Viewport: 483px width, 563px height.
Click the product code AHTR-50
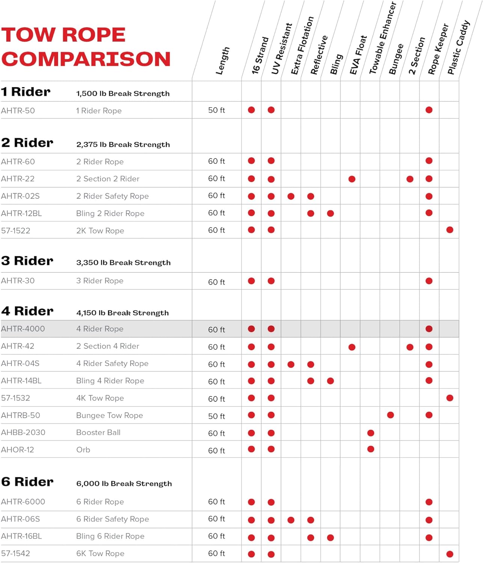tap(18, 111)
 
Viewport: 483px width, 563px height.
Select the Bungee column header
tap(396, 59)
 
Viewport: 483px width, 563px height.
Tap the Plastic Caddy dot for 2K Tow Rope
tap(450, 230)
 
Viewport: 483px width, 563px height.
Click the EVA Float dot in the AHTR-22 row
tap(352, 179)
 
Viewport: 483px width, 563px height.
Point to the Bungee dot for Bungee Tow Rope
tap(390, 415)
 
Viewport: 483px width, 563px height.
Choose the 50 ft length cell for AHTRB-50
tap(216, 416)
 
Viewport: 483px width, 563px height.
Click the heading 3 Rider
tap(27, 261)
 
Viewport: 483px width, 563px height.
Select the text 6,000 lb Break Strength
tap(124, 483)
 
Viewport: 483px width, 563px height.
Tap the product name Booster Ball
tap(98, 432)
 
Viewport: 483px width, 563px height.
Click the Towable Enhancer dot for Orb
tap(371, 449)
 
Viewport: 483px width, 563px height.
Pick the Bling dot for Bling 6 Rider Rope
tap(331, 537)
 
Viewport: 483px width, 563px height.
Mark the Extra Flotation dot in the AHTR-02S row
tap(291, 196)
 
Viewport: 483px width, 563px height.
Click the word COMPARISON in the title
tap(86, 59)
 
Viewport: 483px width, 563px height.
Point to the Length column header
tap(222, 61)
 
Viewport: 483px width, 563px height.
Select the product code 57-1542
tap(15, 553)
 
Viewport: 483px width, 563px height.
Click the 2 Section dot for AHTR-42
tap(410, 347)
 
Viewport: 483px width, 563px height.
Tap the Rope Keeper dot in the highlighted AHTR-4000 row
tap(429, 329)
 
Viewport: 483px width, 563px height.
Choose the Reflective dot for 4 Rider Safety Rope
tap(311, 364)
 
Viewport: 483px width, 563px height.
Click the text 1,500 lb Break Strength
tap(123, 93)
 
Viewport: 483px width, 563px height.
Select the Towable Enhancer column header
tap(382, 38)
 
